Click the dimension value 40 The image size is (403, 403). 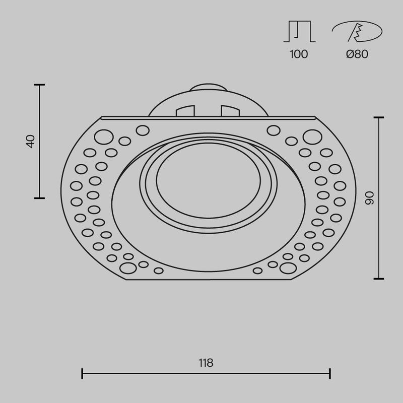31,141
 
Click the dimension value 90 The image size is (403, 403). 369,198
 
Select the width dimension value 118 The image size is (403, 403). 206,363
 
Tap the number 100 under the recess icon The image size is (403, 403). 299,54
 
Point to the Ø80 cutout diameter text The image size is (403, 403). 357,54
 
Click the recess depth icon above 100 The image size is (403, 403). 299,32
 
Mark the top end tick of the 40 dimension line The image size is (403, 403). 39,85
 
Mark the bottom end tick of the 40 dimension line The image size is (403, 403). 39,198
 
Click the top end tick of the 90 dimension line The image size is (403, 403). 379,117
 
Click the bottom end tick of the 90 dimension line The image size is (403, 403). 379,279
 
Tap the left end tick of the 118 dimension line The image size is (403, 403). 82,373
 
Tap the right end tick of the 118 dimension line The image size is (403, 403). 330,373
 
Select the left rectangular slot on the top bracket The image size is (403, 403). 185,110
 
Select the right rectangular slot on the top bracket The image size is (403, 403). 230,110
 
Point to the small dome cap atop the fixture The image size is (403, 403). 208,86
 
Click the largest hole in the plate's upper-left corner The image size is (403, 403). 104,136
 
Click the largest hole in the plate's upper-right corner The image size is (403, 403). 312,136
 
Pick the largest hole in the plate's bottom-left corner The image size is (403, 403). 128,266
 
